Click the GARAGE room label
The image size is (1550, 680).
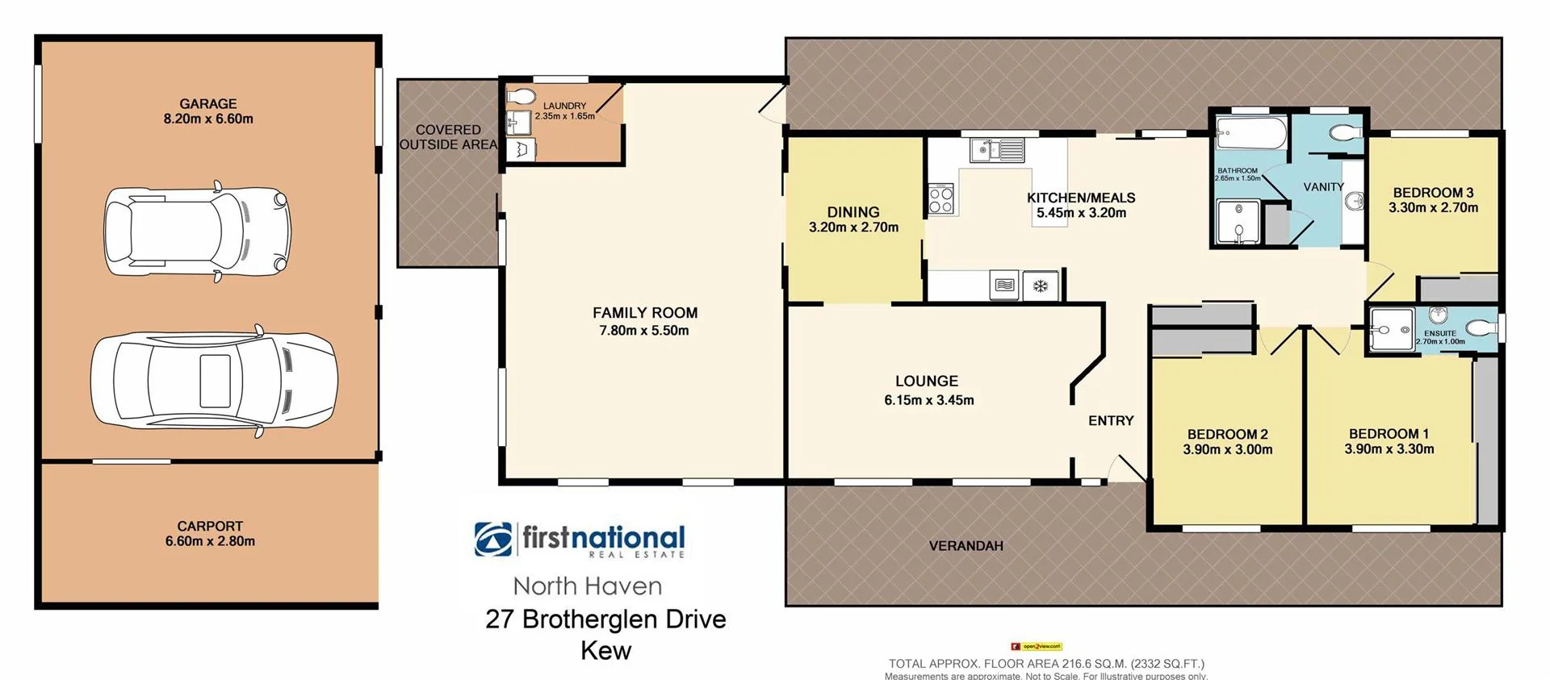tap(208, 104)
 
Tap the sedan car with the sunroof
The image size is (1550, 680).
tap(214, 381)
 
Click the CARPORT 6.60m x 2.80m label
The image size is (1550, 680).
tap(210, 534)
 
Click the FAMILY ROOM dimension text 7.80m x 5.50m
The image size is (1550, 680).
tap(644, 331)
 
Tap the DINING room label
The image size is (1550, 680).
tap(853, 212)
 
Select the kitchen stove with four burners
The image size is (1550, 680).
tap(941, 198)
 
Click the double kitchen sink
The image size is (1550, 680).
tap(998, 150)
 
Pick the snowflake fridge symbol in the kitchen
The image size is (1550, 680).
tap(1041, 286)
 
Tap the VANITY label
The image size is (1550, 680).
tap(1324, 187)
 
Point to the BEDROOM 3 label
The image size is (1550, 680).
tap(1433, 193)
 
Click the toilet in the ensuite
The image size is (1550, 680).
tap(1477, 327)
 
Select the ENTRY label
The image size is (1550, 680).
tap(1111, 420)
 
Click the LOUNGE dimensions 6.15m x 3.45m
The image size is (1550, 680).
tap(929, 400)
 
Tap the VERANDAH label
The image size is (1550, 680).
tap(966, 546)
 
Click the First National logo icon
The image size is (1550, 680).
tap(493, 539)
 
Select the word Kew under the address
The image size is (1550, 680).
tap(605, 651)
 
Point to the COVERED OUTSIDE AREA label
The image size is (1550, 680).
tap(448, 137)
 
